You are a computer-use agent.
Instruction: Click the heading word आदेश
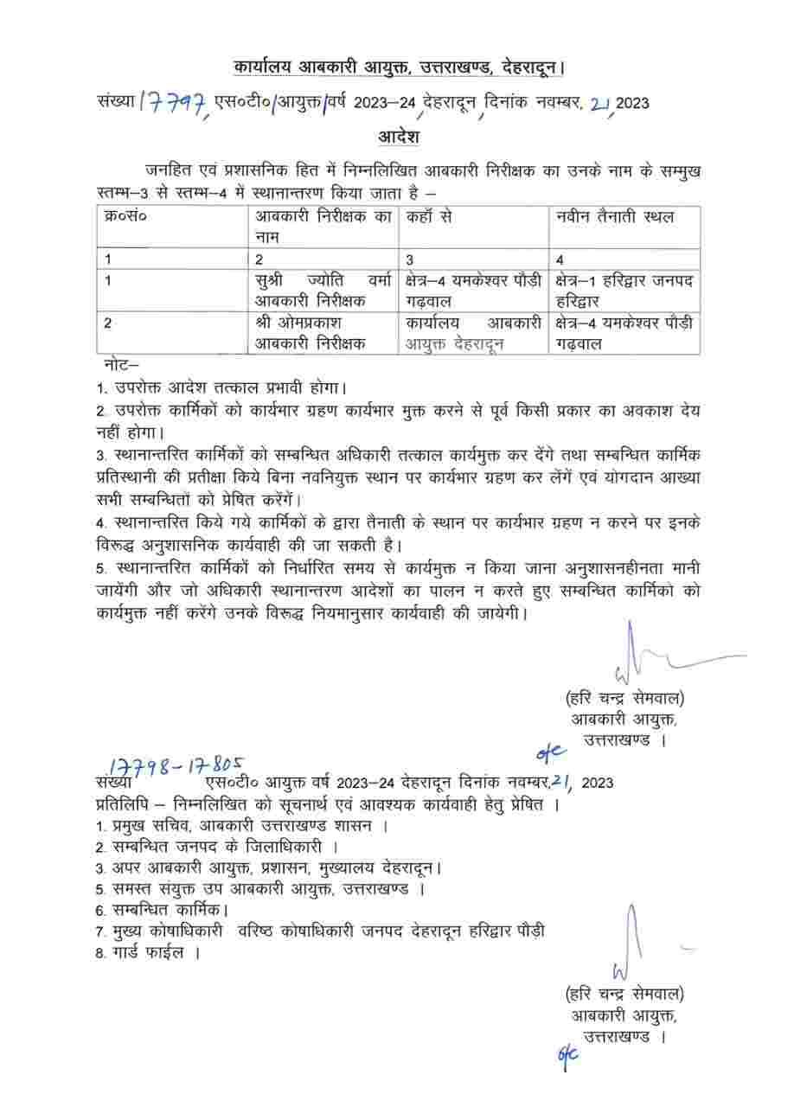pyautogui.click(x=399, y=137)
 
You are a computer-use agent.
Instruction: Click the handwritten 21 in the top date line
pyautogui.click(x=599, y=104)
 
